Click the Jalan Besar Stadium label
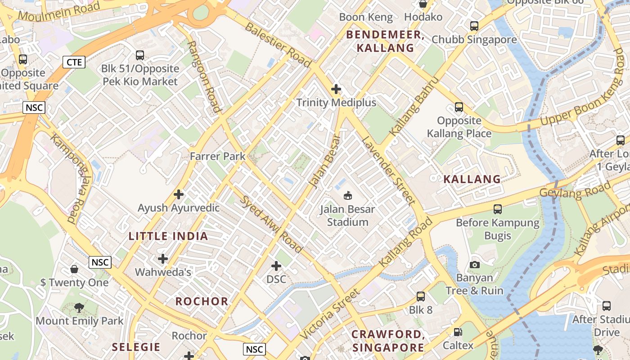click(347, 216)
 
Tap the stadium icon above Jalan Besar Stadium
click(347, 195)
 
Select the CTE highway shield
click(74, 62)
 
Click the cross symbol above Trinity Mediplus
click(336, 89)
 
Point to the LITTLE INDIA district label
click(168, 236)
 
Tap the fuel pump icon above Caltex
click(458, 332)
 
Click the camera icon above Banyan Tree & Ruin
click(474, 265)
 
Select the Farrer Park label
click(217, 156)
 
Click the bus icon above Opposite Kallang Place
click(459, 107)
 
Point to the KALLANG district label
click(472, 179)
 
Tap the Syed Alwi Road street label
click(272, 224)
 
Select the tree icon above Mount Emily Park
click(79, 308)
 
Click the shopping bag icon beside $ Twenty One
click(74, 269)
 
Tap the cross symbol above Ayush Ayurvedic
click(179, 194)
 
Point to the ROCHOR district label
click(202, 301)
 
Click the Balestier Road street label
click(278, 45)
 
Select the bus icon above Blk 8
click(420, 297)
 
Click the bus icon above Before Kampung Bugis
click(497, 209)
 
